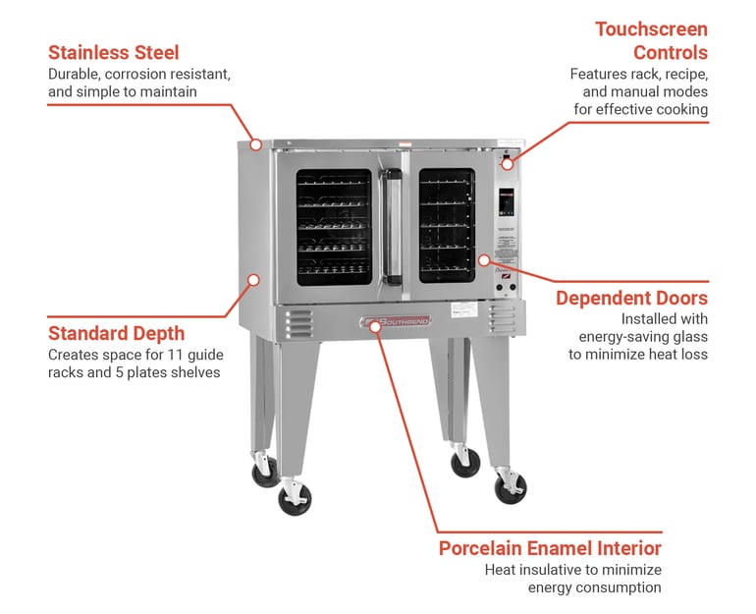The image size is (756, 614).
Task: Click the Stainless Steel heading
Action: coord(113,52)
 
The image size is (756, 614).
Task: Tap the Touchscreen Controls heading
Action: coord(651,40)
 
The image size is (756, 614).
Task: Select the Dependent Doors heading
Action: coord(631,298)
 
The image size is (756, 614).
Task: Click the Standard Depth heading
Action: coord(116,333)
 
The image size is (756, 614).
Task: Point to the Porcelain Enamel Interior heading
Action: coord(550,548)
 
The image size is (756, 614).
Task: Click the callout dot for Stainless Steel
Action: coord(255,144)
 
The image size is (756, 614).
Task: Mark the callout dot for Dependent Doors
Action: coord(484,260)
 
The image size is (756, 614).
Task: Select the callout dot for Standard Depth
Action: coord(252,280)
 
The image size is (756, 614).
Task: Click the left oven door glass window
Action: coord(334,227)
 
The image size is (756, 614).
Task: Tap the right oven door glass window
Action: coord(447,226)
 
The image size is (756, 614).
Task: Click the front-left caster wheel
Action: coord(294,499)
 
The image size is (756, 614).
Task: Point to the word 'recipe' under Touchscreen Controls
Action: coord(685,74)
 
